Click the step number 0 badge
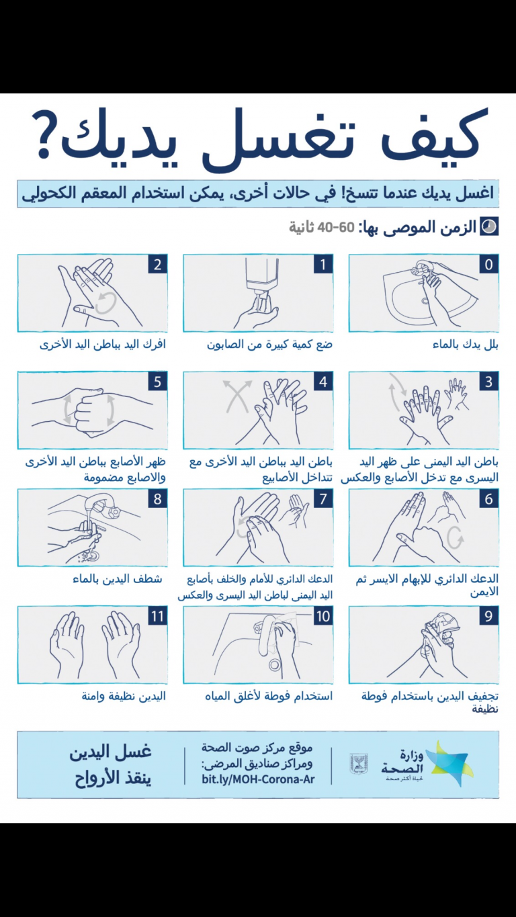[x=488, y=265]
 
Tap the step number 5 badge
[x=158, y=382]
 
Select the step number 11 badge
[x=158, y=617]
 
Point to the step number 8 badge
[x=158, y=499]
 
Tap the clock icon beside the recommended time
[x=490, y=226]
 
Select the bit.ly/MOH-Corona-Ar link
[x=258, y=779]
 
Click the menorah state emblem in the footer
[x=358, y=764]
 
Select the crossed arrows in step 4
[x=237, y=396]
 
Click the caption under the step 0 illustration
[x=466, y=345]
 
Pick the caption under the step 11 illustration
[x=124, y=697]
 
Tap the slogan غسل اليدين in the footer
[x=111, y=752]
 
